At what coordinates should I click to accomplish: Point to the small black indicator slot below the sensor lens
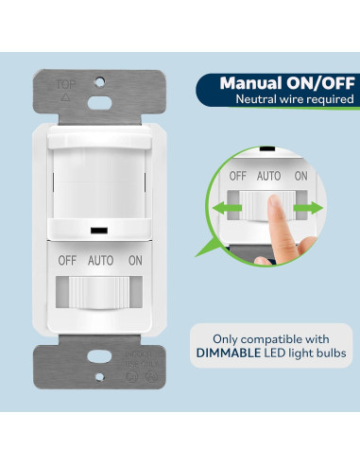[x=97, y=230]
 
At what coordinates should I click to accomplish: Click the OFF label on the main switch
[x=67, y=259]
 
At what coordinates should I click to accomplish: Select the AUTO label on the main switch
[x=101, y=259]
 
